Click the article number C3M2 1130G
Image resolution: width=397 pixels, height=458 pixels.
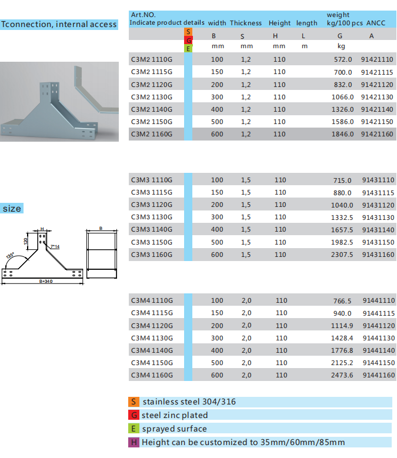tap(152, 97)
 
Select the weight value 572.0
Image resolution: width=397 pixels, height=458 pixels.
tap(343, 59)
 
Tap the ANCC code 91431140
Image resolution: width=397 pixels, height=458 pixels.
tap(378, 230)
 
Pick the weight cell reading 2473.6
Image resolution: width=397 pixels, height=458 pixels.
tap(342, 375)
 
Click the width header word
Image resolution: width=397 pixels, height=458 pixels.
tap(217, 23)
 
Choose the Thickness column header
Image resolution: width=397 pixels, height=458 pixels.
tap(246, 23)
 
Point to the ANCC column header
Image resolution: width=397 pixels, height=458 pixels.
tap(376, 23)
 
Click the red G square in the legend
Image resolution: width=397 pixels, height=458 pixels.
tap(134, 415)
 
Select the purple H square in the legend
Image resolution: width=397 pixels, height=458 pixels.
tap(134, 442)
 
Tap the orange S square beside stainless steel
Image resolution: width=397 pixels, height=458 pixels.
tap(134, 402)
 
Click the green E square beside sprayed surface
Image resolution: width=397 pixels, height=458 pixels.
tap(134, 429)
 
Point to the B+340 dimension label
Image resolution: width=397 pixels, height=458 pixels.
tap(46, 281)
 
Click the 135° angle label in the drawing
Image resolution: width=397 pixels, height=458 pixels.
tap(10, 256)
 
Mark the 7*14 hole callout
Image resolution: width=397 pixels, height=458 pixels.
tap(55, 246)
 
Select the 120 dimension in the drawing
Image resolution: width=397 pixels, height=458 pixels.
tap(26, 241)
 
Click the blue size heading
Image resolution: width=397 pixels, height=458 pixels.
tap(12, 208)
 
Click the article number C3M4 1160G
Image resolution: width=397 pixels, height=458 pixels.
tap(152, 375)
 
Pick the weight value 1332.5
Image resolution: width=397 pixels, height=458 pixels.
tap(342, 218)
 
